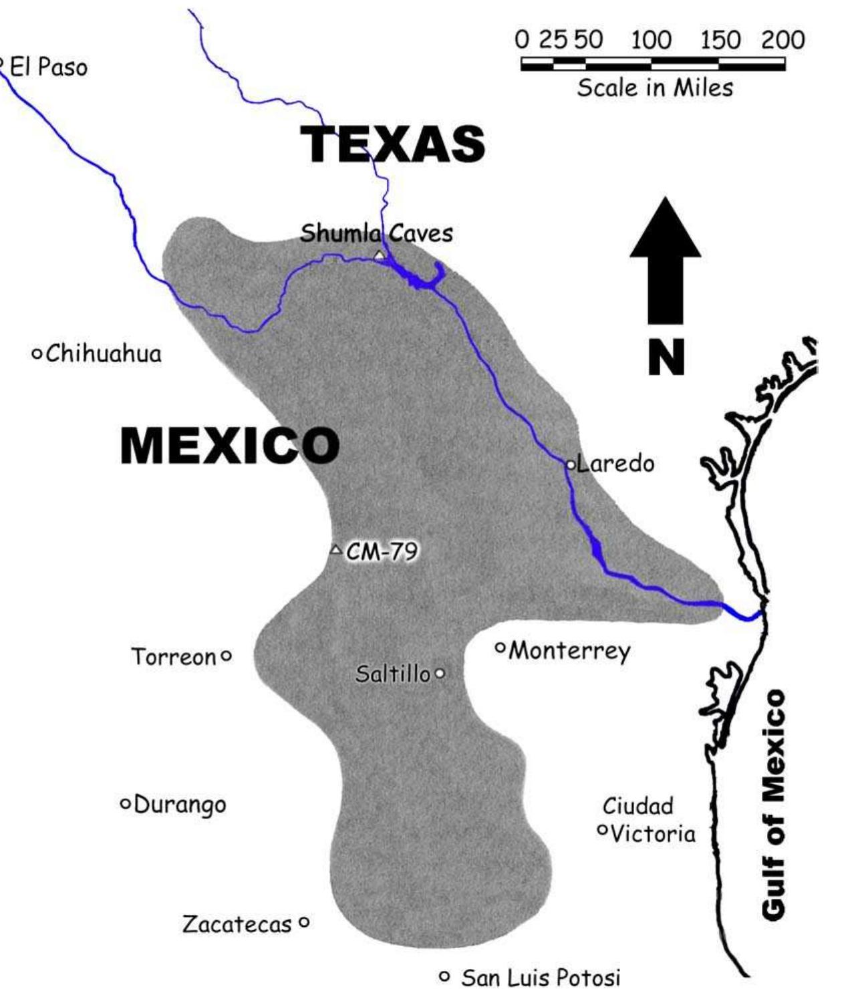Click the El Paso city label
pyautogui.click(x=47, y=67)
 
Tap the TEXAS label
pyautogui.click(x=394, y=144)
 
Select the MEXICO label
pyautogui.click(x=229, y=446)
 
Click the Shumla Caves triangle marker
pyautogui.click(x=380, y=255)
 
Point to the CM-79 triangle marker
pyautogui.click(x=335, y=550)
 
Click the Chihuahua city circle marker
pyautogui.click(x=37, y=353)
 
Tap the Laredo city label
pyautogui.click(x=615, y=463)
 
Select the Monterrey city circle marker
pyautogui.click(x=500, y=646)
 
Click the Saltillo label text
pyautogui.click(x=393, y=674)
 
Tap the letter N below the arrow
pyautogui.click(x=666, y=357)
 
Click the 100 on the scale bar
pyautogui.click(x=652, y=41)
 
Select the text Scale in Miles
pyautogui.click(x=655, y=88)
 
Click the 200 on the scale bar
pyautogui.click(x=783, y=41)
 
